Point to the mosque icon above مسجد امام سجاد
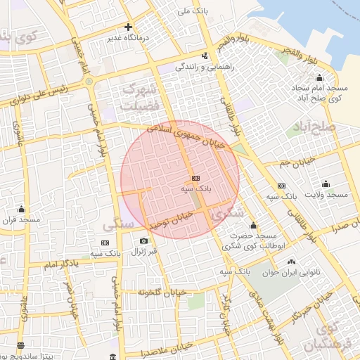coord(319,77)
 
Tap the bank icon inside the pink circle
coord(195,178)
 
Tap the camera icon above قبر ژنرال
coord(144,241)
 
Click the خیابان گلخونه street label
coord(162,291)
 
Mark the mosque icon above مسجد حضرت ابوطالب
coord(253,225)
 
